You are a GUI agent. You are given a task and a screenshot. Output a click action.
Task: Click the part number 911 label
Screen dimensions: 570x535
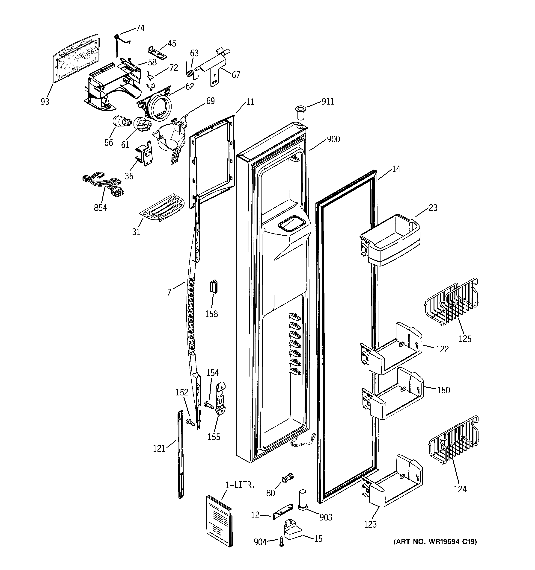coord(328,102)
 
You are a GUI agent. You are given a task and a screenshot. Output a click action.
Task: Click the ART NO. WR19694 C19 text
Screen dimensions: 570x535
coord(435,542)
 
